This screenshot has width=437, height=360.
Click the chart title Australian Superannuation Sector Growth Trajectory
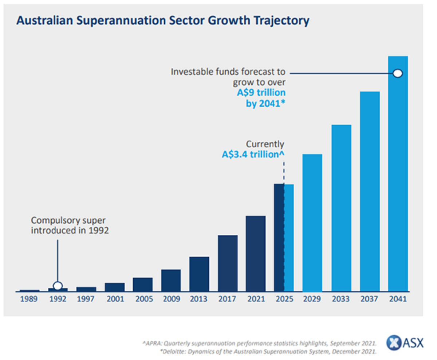163,21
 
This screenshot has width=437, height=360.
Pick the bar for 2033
341,208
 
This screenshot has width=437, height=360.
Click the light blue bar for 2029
312,223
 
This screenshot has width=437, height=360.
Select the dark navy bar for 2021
256,254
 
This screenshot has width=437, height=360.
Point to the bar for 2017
228,263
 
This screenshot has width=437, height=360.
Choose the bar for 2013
199,274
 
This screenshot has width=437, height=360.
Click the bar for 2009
171,281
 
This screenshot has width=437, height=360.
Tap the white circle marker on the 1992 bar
58,286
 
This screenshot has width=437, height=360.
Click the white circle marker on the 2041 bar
398,73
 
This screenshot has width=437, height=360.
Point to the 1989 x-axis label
29,300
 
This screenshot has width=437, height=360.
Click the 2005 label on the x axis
142,300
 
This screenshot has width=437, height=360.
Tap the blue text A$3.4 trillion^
253,154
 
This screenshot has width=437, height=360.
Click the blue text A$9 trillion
261,92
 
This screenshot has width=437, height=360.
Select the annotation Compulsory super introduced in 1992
70,226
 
